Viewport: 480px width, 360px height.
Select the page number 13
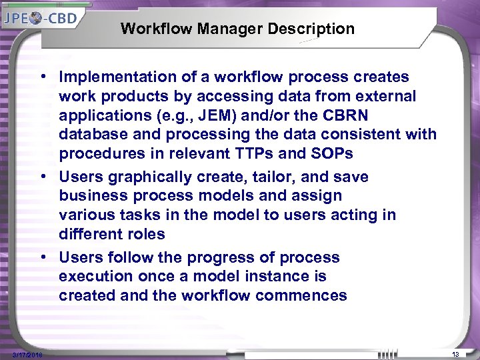[x=456, y=353]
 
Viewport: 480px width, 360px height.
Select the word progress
[x=245, y=257]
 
